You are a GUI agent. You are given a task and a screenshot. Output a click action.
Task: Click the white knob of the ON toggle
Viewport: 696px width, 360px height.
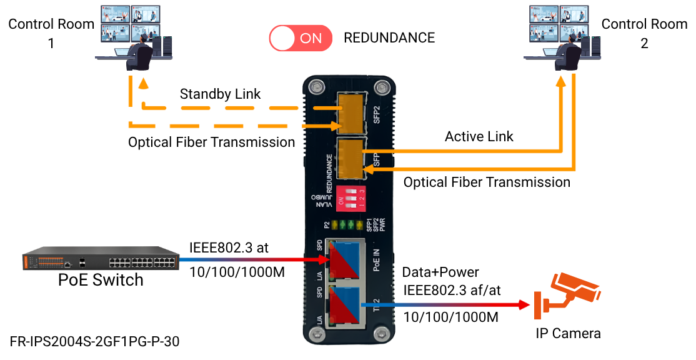click(x=283, y=38)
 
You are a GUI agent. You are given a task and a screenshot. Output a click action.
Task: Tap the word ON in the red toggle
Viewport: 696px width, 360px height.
click(x=311, y=38)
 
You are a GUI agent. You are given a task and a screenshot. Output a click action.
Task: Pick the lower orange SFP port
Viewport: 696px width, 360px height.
click(x=350, y=159)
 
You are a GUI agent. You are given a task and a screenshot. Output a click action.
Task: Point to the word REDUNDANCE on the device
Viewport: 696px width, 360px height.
click(x=329, y=172)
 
